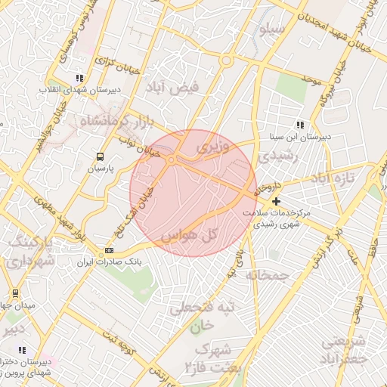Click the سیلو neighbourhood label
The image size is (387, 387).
[271, 30]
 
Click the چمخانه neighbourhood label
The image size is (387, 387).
[268, 275]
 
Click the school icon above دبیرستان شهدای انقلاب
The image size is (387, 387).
[79, 78]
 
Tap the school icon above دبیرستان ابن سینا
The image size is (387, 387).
[300, 125]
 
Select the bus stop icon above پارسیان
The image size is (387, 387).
[100, 156]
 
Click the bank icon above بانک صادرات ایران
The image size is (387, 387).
[110, 250]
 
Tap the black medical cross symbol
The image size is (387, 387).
[277, 201]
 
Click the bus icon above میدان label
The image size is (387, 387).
[14, 293]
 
